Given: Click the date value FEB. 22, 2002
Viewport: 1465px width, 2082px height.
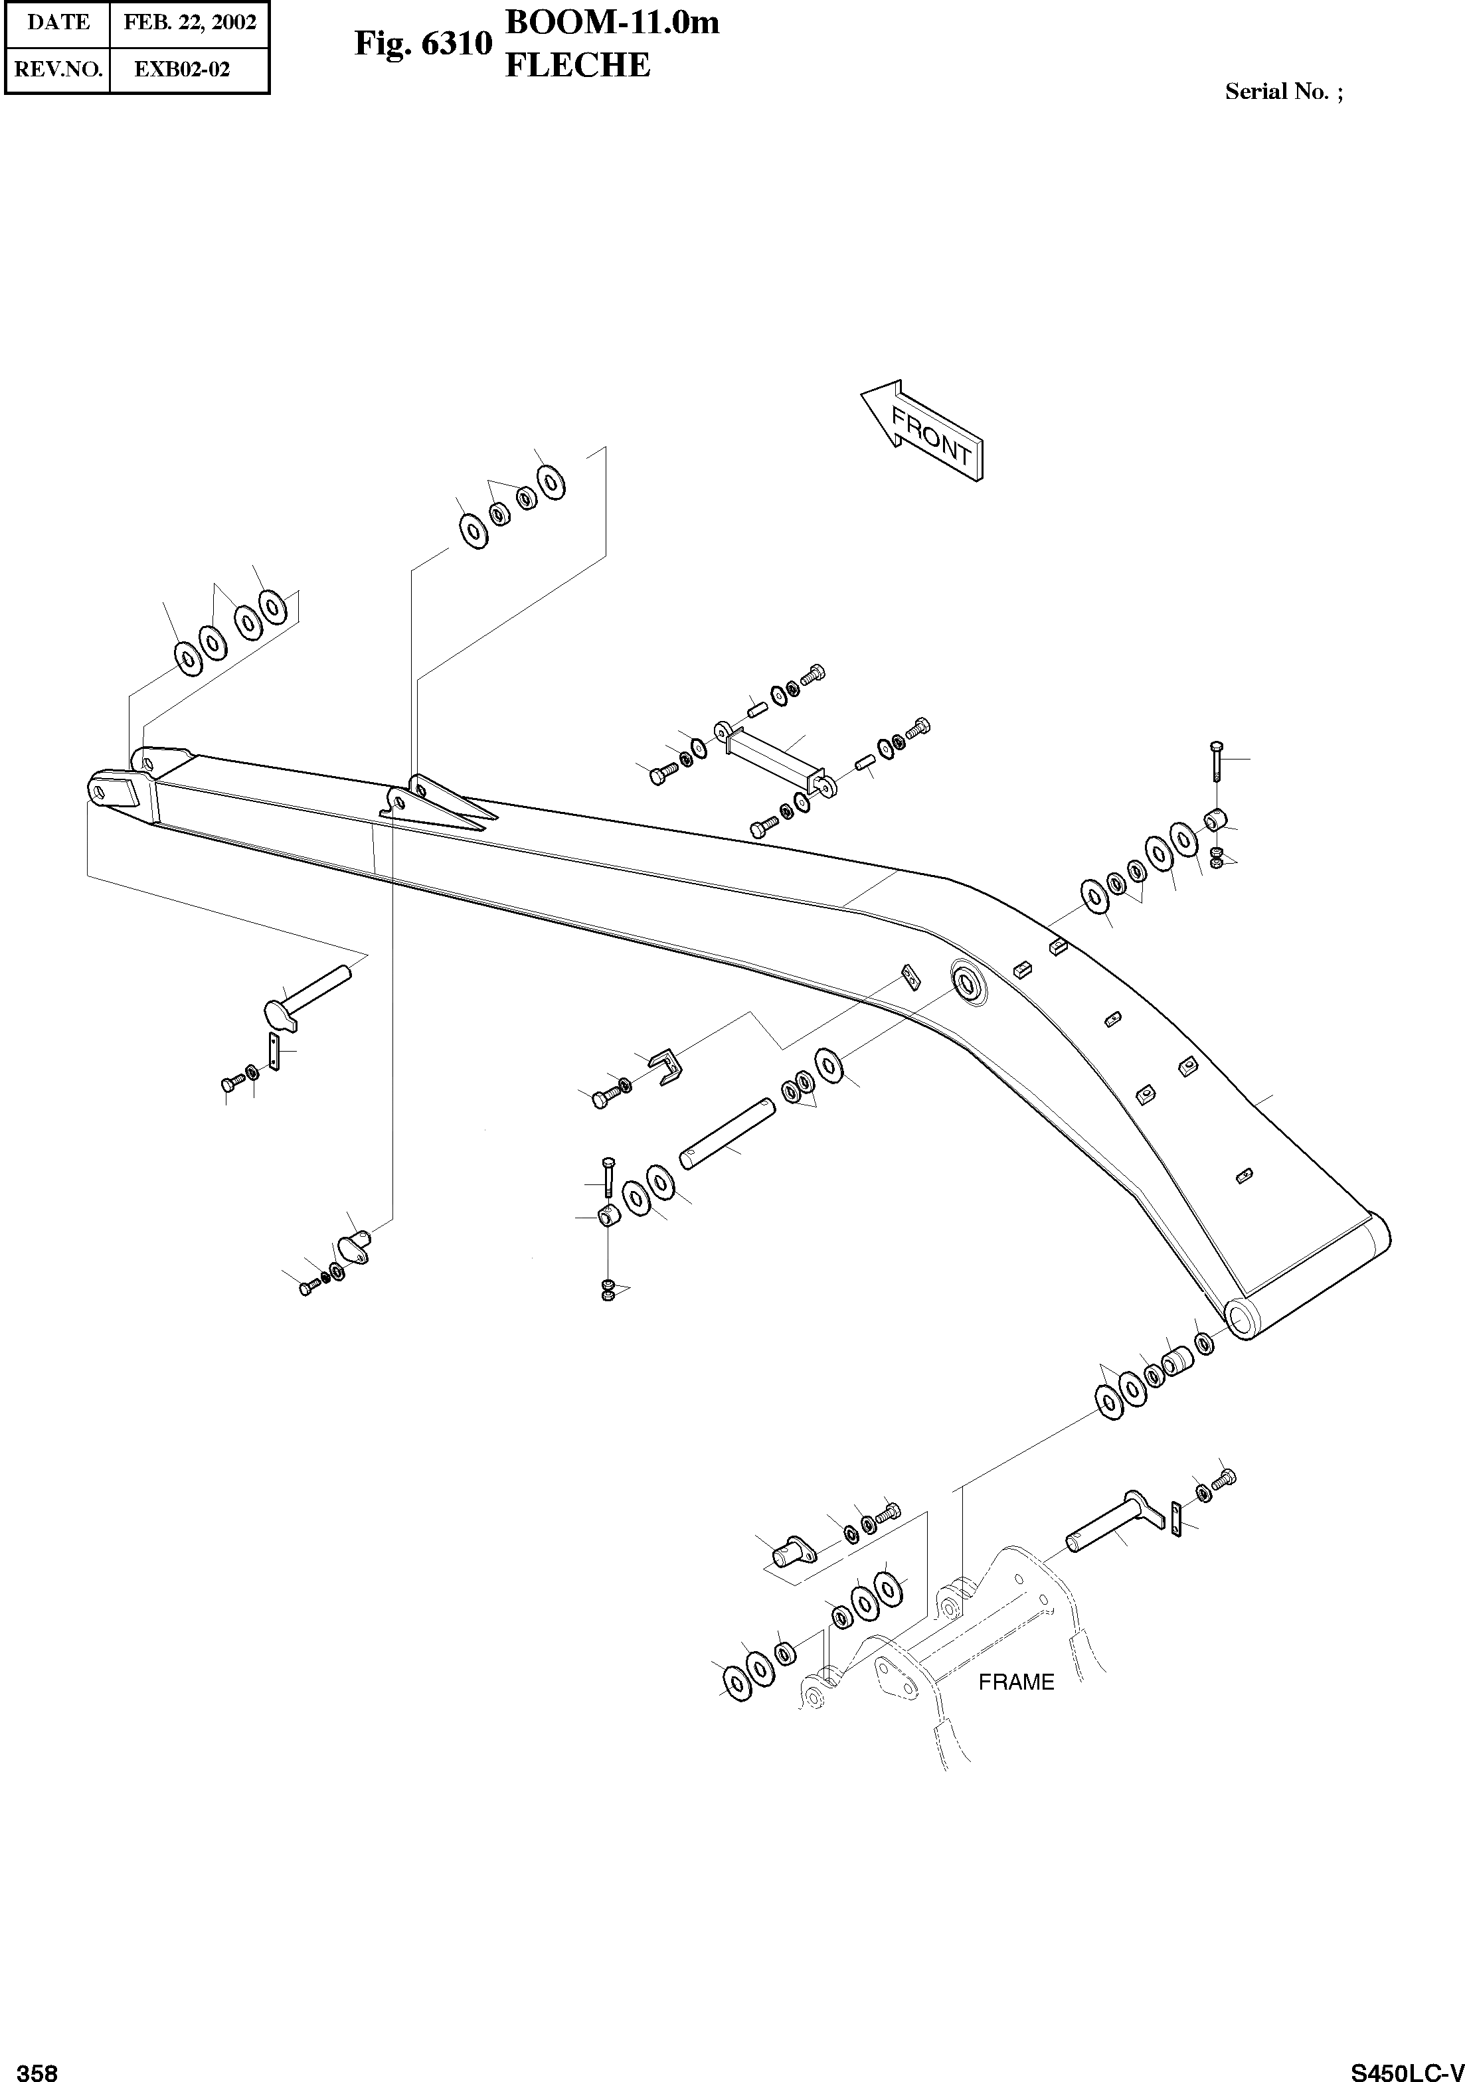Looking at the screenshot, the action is [x=189, y=23].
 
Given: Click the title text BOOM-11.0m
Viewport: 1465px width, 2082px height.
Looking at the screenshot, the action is [x=612, y=23].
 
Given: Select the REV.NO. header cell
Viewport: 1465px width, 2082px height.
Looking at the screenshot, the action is [x=58, y=69].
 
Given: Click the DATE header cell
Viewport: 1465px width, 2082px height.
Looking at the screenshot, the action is [x=58, y=23].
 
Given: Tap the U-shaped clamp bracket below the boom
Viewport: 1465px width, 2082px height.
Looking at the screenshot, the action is [x=667, y=1066].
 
